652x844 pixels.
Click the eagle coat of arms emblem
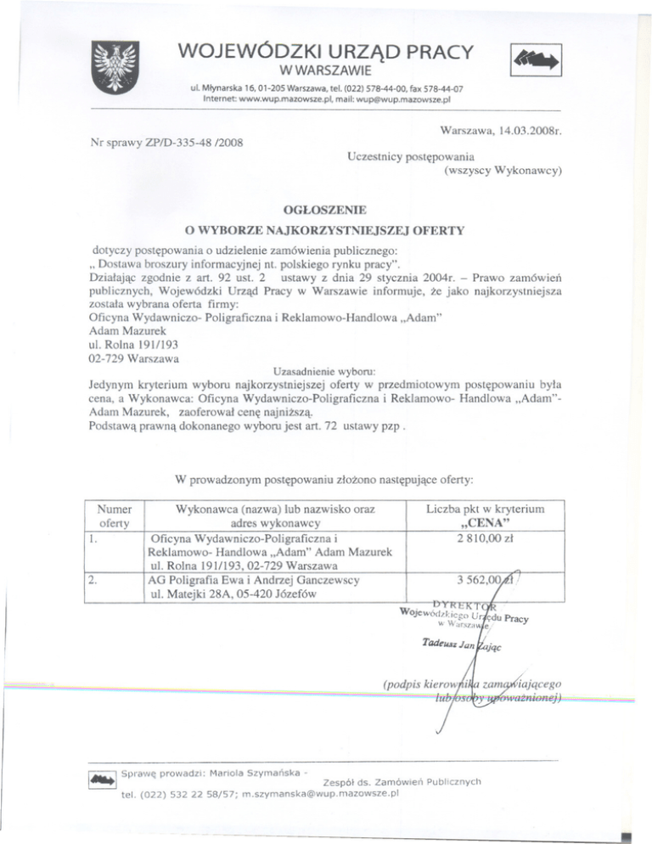(x=113, y=67)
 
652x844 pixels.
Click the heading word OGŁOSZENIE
(x=327, y=208)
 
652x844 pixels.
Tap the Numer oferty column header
(x=114, y=515)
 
